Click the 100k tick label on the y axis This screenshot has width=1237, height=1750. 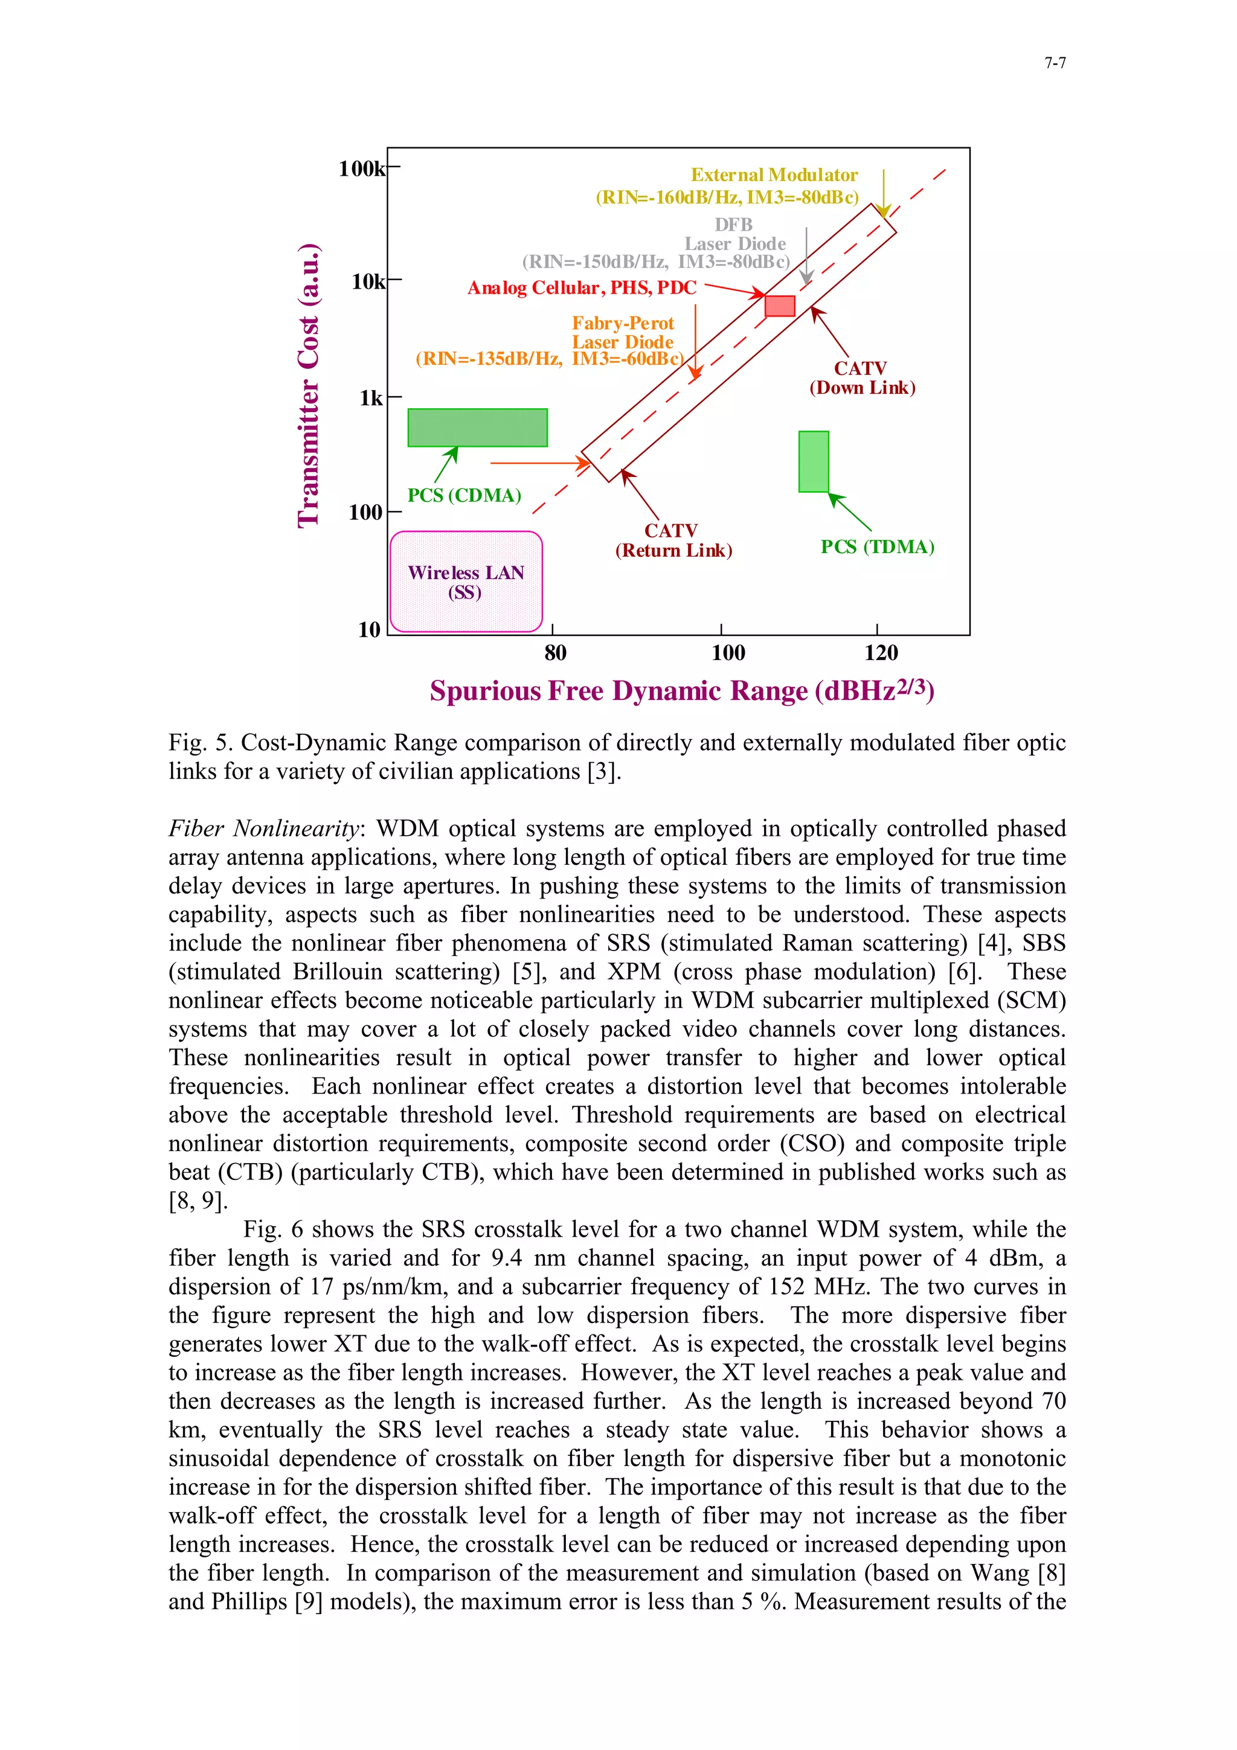tap(362, 168)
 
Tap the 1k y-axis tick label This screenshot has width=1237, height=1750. tap(371, 399)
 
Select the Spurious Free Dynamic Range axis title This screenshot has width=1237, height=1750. tap(681, 691)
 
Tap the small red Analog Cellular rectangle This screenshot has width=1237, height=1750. tap(780, 306)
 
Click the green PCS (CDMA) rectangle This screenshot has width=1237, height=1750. tap(477, 428)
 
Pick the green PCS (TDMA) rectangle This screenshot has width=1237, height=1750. tap(813, 462)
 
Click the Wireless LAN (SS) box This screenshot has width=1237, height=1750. tap(466, 582)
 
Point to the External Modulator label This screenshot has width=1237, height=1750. tap(774, 175)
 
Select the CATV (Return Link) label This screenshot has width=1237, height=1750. tap(673, 540)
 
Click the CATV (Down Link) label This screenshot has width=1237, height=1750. tap(861, 378)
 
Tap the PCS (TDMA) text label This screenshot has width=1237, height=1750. tap(877, 547)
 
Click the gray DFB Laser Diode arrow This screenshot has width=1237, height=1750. tap(806, 256)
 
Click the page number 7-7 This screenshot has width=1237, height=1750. tap(1055, 63)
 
